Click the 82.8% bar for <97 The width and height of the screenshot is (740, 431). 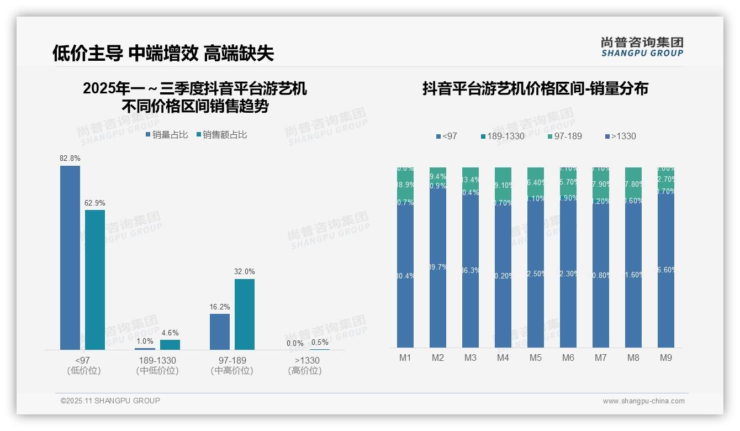70,257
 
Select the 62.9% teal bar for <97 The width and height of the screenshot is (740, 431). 95,280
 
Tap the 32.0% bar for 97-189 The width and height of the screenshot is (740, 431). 245,314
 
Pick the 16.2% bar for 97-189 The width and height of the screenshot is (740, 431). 220,332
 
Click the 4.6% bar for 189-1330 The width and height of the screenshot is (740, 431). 170,344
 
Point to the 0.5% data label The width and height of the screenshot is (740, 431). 320,342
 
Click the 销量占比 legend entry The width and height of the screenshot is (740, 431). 167,135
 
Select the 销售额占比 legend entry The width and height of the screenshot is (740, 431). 221,135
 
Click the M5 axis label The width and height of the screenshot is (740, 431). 536,358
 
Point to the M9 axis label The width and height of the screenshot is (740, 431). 666,358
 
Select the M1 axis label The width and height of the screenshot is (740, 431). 405,358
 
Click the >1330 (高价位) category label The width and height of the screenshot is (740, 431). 305,365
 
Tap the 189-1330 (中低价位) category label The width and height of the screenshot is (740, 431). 157,365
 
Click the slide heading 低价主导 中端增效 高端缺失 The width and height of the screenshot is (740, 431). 163,53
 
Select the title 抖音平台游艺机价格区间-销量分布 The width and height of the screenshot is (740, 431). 535,88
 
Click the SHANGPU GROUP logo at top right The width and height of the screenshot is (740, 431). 642,47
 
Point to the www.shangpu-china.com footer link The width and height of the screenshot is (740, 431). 643,401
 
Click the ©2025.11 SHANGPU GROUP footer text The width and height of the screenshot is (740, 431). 110,401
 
